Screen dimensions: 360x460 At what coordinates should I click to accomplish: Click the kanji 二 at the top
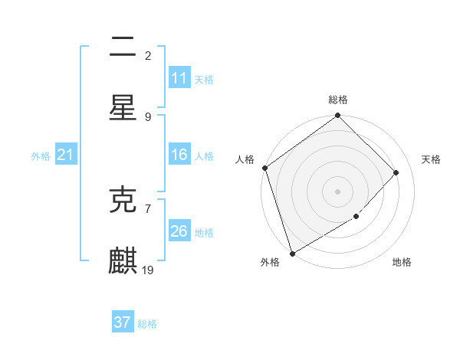(x=123, y=47)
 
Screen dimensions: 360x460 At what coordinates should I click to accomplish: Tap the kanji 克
(x=123, y=200)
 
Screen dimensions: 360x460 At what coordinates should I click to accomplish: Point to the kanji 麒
(x=123, y=260)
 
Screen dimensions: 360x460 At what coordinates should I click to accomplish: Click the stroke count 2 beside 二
(x=148, y=56)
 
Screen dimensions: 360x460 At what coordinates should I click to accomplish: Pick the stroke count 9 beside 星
(x=148, y=116)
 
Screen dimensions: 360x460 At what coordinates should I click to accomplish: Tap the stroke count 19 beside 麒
(x=149, y=270)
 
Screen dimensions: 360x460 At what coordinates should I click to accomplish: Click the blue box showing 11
(x=179, y=78)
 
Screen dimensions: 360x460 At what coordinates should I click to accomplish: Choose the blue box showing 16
(x=179, y=155)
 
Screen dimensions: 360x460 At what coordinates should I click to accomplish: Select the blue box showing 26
(x=179, y=231)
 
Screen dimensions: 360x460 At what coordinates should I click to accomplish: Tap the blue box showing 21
(x=66, y=155)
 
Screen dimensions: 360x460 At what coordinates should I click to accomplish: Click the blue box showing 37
(x=123, y=322)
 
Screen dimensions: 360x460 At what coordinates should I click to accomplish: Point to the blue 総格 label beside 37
(x=148, y=324)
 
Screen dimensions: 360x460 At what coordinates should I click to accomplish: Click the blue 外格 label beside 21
(x=41, y=156)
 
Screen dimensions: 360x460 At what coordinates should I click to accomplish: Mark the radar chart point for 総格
(x=337, y=116)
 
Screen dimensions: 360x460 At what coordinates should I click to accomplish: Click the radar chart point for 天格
(x=396, y=173)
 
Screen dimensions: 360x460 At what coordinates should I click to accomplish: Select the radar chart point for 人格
(x=264, y=168)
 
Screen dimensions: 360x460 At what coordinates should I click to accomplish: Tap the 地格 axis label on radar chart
(x=402, y=263)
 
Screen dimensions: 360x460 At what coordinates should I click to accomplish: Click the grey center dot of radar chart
(x=337, y=191)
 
